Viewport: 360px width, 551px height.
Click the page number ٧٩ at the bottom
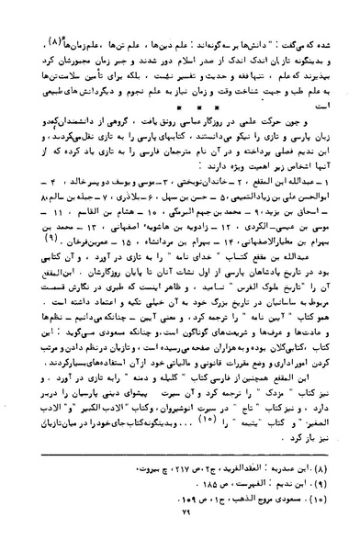coord(181,535)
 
